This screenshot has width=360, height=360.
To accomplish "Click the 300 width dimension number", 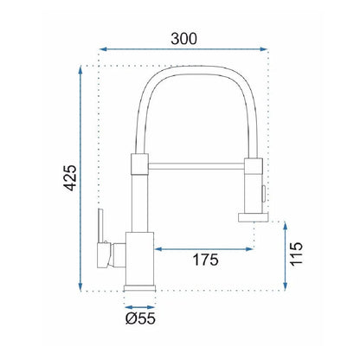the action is (183, 39).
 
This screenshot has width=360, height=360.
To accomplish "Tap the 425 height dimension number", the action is (70, 178).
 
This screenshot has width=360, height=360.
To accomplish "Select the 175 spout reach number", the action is (205, 260).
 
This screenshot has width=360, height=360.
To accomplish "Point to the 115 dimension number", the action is (296, 254).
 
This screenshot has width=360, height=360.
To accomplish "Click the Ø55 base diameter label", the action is (140, 318).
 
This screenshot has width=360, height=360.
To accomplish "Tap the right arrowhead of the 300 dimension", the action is (264, 49).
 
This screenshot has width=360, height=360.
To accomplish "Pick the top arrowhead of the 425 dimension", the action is (80, 70).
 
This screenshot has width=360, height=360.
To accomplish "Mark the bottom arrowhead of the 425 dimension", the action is (80, 286).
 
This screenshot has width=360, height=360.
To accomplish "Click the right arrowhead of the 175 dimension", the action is (249, 249).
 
